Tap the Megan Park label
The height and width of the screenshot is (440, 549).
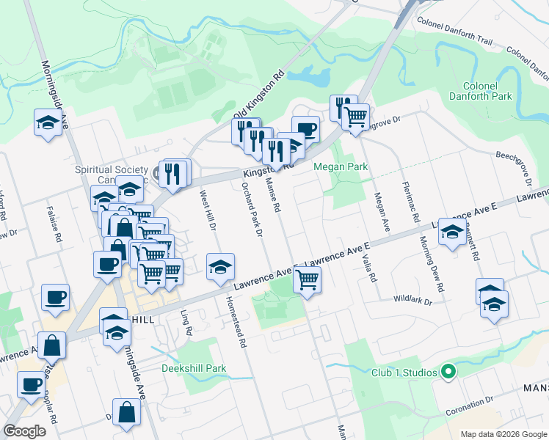coord(341,167)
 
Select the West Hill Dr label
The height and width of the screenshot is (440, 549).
coord(207,211)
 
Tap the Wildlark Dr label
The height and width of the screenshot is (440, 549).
coord(413,300)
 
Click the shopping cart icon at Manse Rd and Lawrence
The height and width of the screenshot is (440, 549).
coord(308,279)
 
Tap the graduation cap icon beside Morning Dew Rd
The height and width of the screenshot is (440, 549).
coord(452,233)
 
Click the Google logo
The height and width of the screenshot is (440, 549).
coord(25,431)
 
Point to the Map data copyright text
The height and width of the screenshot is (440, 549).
coord(503,434)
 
